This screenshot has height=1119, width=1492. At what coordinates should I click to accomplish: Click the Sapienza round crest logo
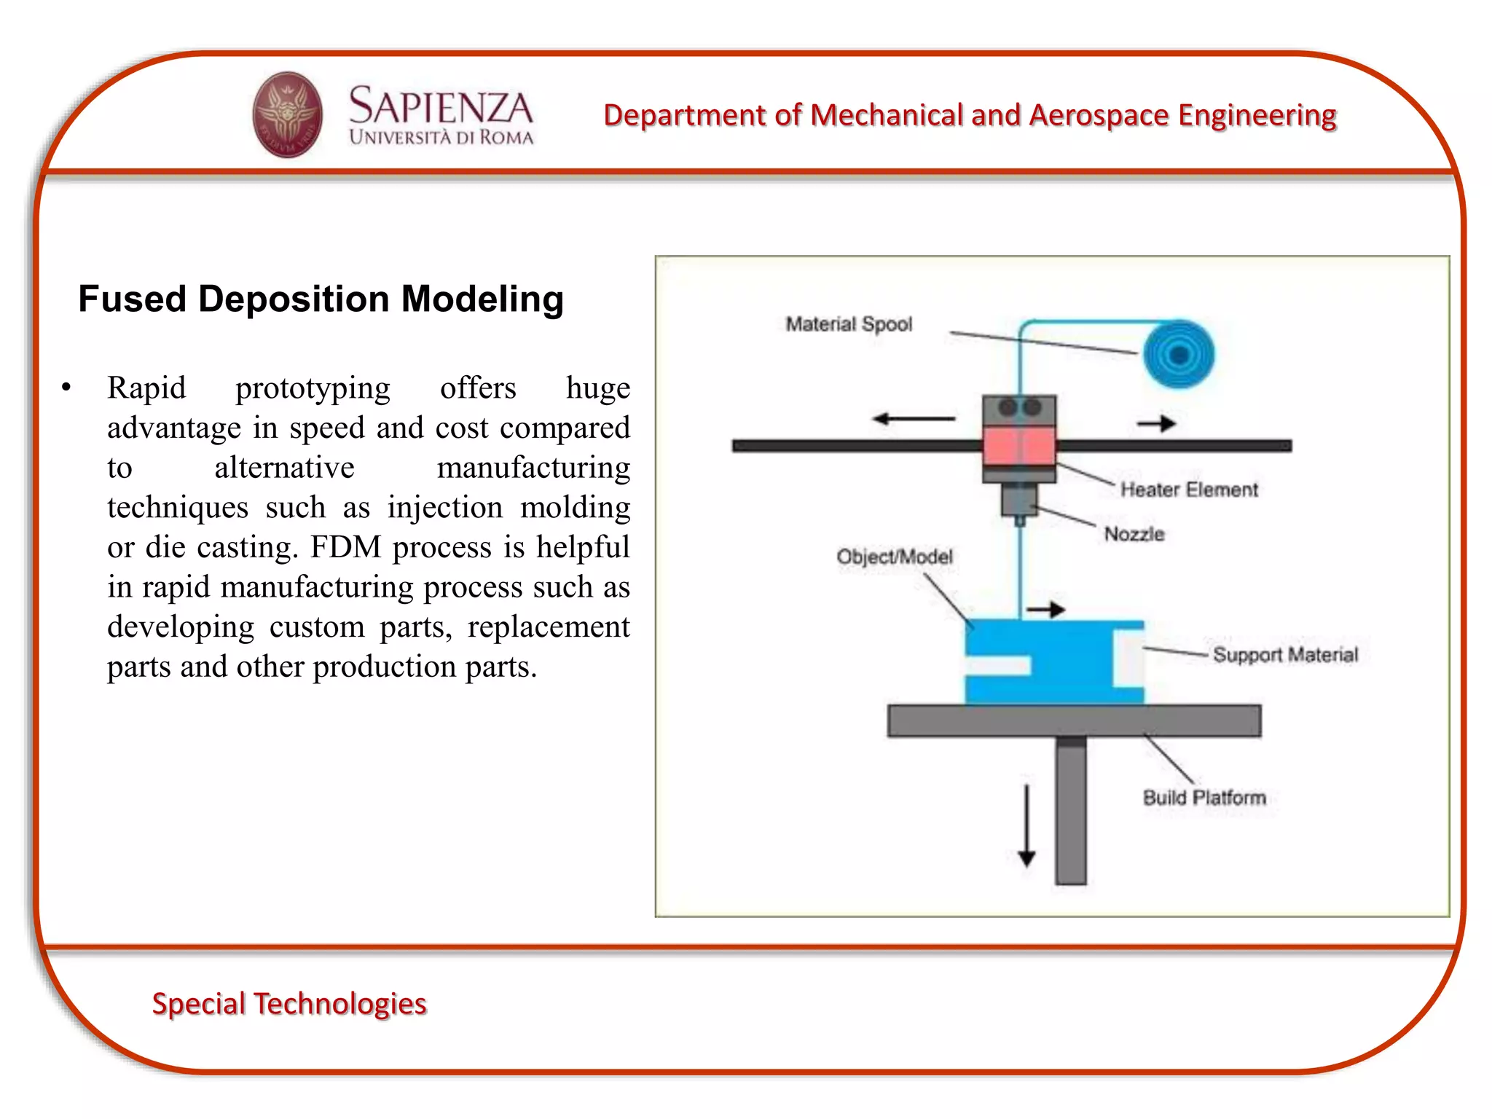[x=287, y=114]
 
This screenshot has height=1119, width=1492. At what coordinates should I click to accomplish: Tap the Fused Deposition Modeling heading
[x=321, y=299]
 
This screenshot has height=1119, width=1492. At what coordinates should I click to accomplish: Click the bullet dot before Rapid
[x=66, y=388]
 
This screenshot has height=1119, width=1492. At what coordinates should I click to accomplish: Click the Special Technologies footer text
[x=288, y=1003]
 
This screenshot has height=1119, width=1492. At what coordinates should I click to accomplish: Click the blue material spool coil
[x=1178, y=355]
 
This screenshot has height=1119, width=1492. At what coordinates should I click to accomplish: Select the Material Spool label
[x=848, y=324]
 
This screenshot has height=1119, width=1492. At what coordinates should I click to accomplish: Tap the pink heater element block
[x=1018, y=446]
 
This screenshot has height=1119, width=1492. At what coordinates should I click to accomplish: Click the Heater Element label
[x=1188, y=490]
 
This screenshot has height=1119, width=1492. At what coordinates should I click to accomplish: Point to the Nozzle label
[x=1134, y=534]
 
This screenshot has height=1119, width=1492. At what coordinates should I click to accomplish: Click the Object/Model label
[x=894, y=557]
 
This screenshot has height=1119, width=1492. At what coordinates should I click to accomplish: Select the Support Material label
[x=1285, y=654]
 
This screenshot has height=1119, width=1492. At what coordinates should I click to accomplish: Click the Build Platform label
[x=1204, y=798]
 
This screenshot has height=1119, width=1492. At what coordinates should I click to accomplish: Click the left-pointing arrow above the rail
[x=914, y=419]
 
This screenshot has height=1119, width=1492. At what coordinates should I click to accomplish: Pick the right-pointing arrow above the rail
[x=1156, y=423]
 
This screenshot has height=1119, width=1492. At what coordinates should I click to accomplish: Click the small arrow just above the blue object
[x=1045, y=609]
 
